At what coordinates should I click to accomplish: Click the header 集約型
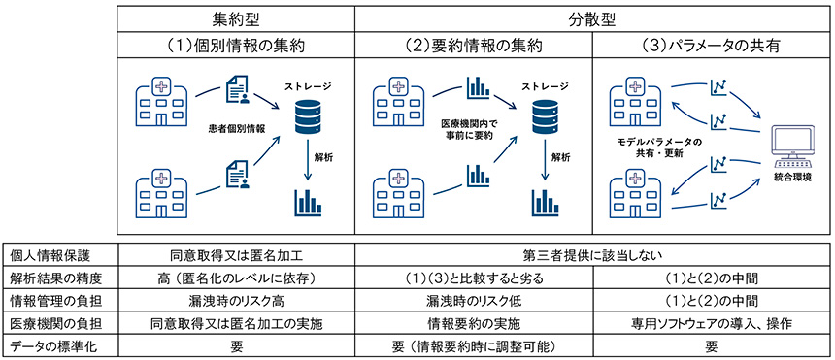click(x=237, y=18)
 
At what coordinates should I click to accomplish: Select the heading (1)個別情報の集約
click(x=237, y=46)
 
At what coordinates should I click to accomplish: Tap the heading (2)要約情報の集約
click(x=474, y=46)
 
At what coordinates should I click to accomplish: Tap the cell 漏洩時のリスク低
click(x=474, y=300)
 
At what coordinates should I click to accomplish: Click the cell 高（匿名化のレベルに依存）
click(x=237, y=278)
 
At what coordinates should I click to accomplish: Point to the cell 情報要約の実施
click(x=474, y=322)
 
